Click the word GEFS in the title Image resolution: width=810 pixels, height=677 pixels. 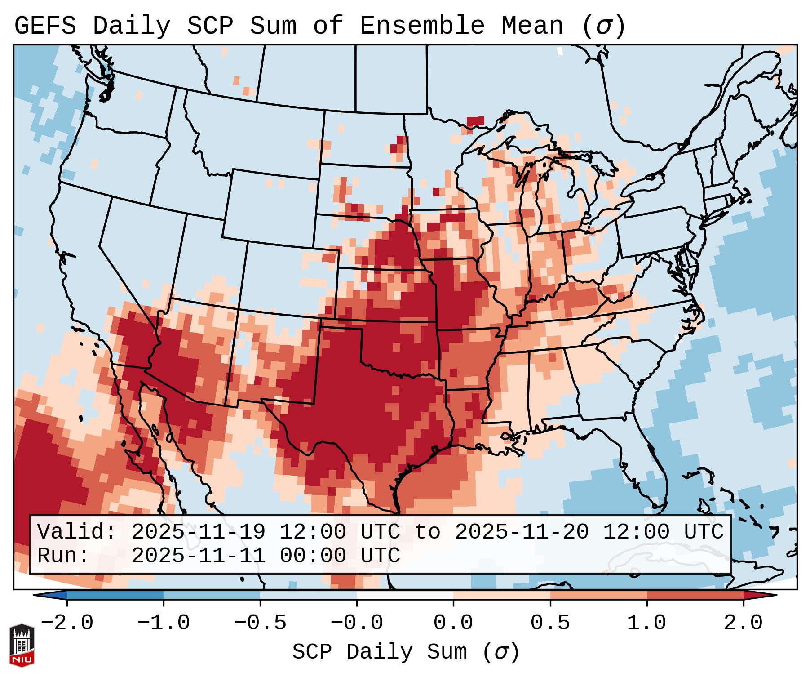[x=45, y=26]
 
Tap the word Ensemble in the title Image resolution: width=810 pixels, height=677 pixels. [x=422, y=26]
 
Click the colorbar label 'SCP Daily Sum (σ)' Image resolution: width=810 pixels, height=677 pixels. [x=406, y=652]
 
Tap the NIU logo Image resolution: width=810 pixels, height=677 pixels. [x=22, y=645]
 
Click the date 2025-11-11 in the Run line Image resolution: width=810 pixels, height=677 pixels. [x=198, y=556]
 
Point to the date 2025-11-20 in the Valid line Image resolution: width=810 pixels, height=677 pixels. [x=522, y=532]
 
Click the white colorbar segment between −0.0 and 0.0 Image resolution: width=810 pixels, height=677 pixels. [x=405, y=595]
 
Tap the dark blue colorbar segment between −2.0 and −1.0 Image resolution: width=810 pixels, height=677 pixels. [x=115, y=595]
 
